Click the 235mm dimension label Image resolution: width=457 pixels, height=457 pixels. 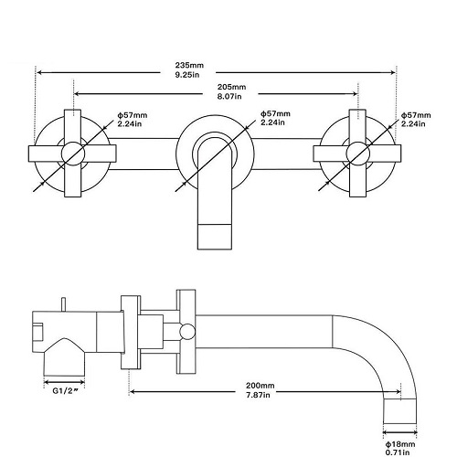(189, 65)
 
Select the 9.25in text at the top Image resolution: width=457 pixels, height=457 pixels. (187, 75)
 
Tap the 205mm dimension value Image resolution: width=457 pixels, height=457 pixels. (231, 87)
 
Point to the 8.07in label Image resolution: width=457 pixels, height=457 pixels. (229, 96)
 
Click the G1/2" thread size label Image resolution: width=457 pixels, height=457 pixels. (64, 391)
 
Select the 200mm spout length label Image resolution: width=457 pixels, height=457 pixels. (260, 386)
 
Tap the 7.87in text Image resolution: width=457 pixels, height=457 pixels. (258, 395)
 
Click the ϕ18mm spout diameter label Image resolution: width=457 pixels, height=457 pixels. (400, 444)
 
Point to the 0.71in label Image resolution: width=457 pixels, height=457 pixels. (398, 452)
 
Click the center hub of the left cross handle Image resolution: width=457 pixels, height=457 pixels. (73, 154)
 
